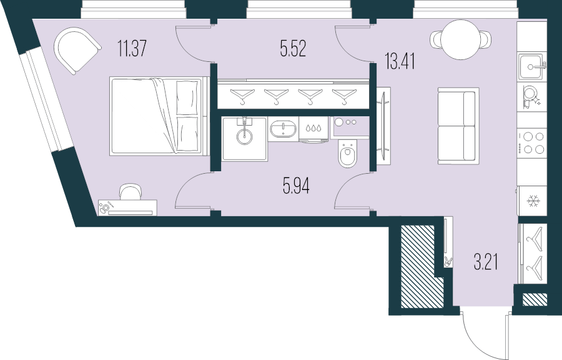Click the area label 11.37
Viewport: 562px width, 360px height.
pyautogui.click(x=132, y=48)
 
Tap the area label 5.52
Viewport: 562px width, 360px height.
pyautogui.click(x=293, y=49)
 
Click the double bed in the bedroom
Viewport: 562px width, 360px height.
pyautogui.click(x=158, y=116)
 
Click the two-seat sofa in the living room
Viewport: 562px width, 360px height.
pyautogui.click(x=458, y=126)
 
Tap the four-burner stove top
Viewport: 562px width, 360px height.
pyautogui.click(x=533, y=143)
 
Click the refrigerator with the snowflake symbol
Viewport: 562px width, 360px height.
pyautogui.click(x=533, y=201)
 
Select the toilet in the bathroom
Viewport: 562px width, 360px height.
pyautogui.click(x=347, y=154)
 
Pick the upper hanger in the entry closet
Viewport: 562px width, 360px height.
pyautogui.click(x=534, y=237)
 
